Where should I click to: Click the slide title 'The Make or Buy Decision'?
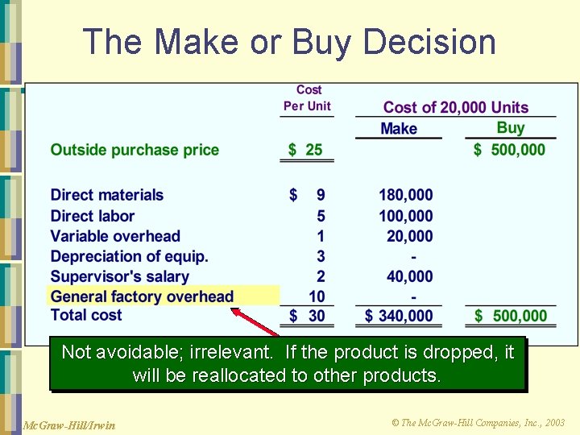289,42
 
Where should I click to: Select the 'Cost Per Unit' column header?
307,98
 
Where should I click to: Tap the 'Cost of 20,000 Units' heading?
456,107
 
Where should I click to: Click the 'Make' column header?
399,129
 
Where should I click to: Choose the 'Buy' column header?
511,127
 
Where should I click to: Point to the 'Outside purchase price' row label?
135,150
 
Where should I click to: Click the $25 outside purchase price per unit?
306,150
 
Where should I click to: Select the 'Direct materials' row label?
106,195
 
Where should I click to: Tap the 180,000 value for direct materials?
406,195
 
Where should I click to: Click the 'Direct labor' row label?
92,216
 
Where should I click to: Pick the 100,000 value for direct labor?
406,216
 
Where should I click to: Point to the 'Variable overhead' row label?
115,236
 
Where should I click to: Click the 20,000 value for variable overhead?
409,236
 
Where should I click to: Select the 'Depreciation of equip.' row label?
129,256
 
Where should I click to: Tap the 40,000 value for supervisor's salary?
409,276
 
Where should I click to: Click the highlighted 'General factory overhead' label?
142,296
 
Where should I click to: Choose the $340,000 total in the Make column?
400,316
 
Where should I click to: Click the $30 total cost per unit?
307,316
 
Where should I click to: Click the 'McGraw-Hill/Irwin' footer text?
69,425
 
